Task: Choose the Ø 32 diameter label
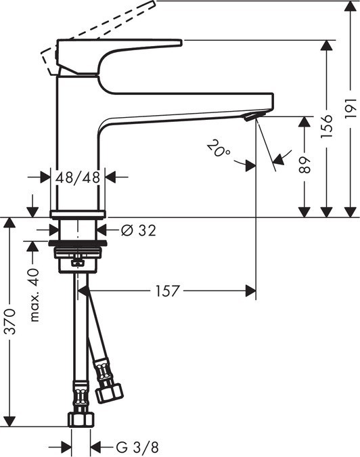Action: coord(139,230)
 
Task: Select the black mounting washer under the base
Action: coord(77,241)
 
